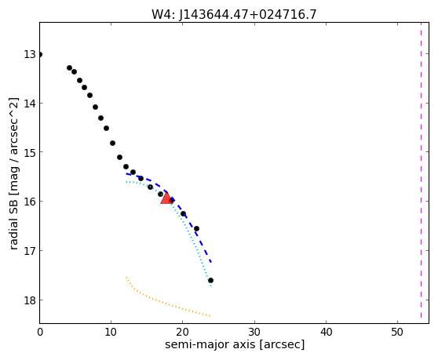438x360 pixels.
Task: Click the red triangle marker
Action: point(166,198)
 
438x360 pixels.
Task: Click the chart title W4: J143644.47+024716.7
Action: point(234,15)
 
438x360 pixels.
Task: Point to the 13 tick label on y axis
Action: point(30,54)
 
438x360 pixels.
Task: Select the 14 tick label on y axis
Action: point(30,104)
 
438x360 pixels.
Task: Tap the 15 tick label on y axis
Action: point(30,152)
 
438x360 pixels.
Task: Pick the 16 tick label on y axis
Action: point(30,202)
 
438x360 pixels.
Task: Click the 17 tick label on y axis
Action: point(30,251)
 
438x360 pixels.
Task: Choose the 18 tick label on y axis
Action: point(30,300)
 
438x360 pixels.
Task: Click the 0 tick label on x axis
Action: point(40,332)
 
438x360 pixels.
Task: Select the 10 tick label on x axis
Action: point(111,332)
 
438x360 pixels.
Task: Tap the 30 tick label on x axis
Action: point(254,332)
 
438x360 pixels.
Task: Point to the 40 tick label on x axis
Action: point(326,332)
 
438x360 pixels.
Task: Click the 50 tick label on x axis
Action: point(397,332)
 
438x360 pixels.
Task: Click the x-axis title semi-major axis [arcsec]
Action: point(235,344)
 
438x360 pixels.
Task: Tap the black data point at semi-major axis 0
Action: point(40,54)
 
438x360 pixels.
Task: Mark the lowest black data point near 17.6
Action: point(210,280)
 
